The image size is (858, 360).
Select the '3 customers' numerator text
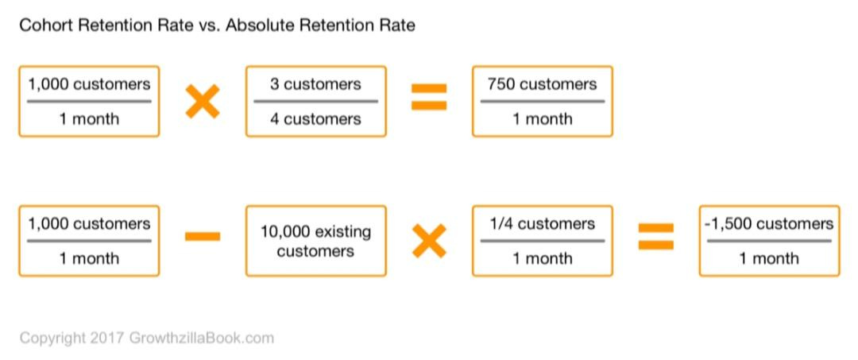(315, 84)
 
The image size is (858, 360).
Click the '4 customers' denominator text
(315, 119)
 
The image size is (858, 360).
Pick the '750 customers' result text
(542, 84)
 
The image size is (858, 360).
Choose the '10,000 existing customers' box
(315, 241)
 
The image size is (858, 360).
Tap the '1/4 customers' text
(542, 224)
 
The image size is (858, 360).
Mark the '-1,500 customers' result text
(769, 224)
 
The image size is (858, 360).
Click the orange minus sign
(202, 236)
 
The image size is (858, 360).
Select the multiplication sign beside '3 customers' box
(202, 102)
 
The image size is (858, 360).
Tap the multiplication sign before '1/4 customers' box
(429, 241)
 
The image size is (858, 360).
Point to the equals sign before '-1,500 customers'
(656, 236)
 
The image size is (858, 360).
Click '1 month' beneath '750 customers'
(542, 119)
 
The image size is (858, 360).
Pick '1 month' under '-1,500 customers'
(769, 259)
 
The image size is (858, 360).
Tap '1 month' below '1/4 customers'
(542, 259)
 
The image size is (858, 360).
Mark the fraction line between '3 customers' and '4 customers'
(315, 102)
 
